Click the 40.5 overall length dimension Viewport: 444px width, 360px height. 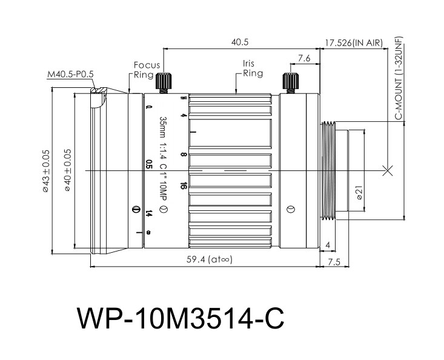click(239, 42)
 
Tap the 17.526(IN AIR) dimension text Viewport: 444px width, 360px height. click(354, 43)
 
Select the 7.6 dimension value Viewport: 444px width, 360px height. click(304, 58)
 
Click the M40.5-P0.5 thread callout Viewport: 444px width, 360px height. click(70, 75)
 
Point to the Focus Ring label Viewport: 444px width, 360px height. click(147, 70)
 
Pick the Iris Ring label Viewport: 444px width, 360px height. click(253, 68)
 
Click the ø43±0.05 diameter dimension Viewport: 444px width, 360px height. click(46, 171)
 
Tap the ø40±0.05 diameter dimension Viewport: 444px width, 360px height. click(68, 170)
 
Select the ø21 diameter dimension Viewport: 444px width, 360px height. click(359, 193)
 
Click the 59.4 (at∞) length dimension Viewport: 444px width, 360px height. click(209, 259)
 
